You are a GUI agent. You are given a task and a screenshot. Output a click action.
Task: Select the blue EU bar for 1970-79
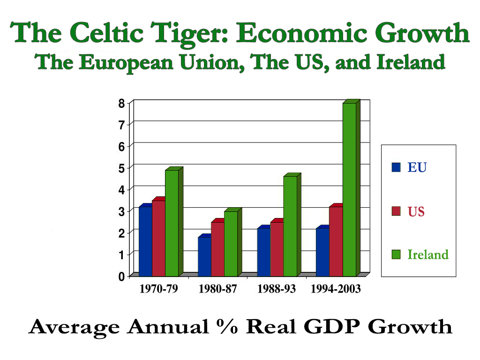(146, 241)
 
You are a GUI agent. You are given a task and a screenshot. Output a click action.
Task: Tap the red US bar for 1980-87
(217, 249)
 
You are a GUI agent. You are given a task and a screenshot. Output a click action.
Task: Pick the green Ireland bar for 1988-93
(290, 226)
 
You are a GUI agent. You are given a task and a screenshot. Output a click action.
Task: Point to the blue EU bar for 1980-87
(204, 256)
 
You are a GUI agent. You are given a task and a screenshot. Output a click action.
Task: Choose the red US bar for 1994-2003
(336, 241)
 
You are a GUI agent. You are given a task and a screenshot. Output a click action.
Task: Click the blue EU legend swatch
(397, 167)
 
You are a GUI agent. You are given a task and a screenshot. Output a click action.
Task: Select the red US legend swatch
(397, 211)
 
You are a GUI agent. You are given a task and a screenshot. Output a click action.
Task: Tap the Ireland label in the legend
(427, 255)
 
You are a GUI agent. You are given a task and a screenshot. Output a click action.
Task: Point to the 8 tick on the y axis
(121, 103)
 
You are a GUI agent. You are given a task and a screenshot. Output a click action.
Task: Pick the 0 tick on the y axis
(121, 277)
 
